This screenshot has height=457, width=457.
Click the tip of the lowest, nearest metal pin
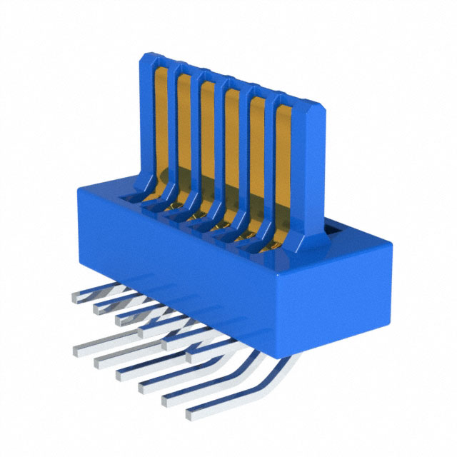pyautogui.click(x=191, y=414)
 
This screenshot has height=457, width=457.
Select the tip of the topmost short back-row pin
pyautogui.click(x=76, y=293)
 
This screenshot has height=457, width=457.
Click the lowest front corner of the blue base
pyautogui.click(x=285, y=353)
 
